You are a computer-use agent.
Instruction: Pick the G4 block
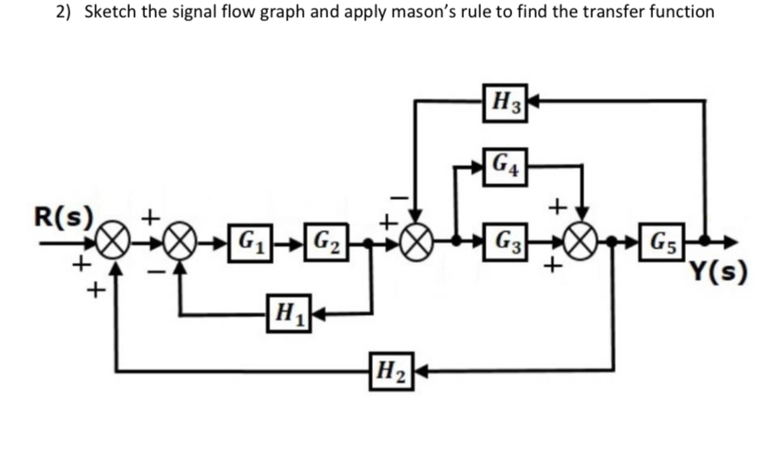(506, 163)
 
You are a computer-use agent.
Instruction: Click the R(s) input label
(62, 216)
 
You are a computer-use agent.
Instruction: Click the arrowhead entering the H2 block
(417, 369)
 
